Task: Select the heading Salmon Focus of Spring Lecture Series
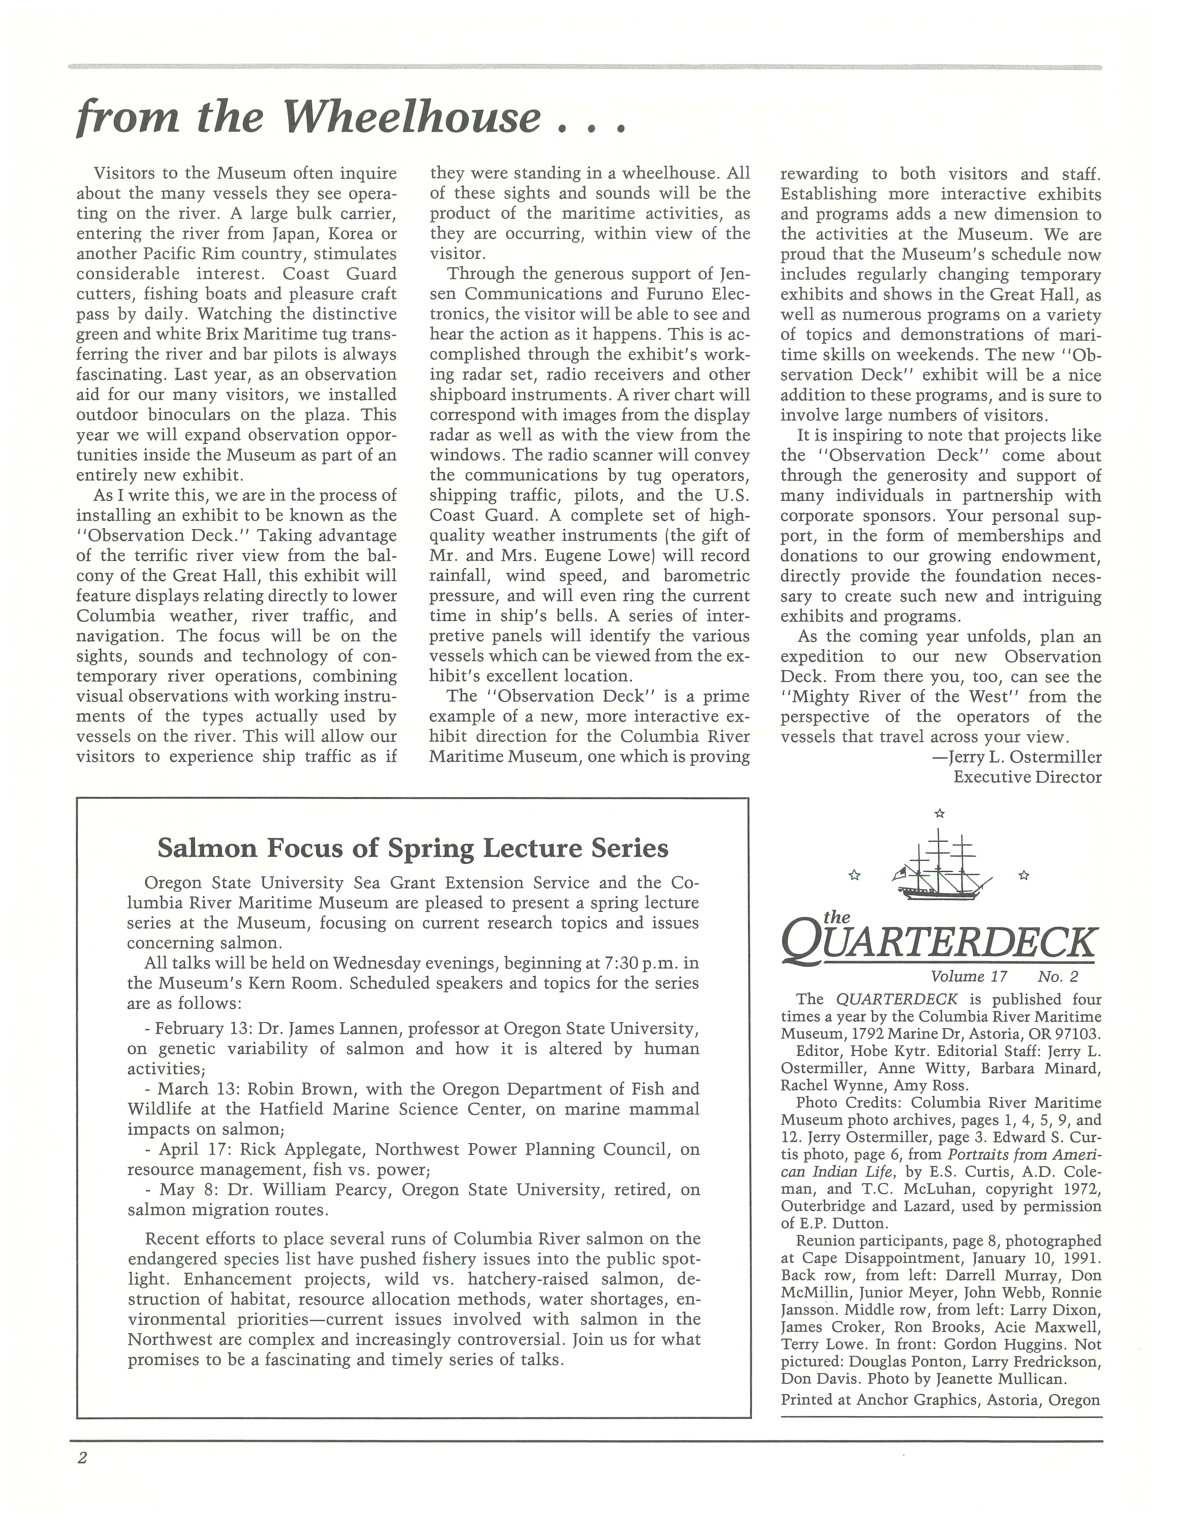click(x=413, y=848)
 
